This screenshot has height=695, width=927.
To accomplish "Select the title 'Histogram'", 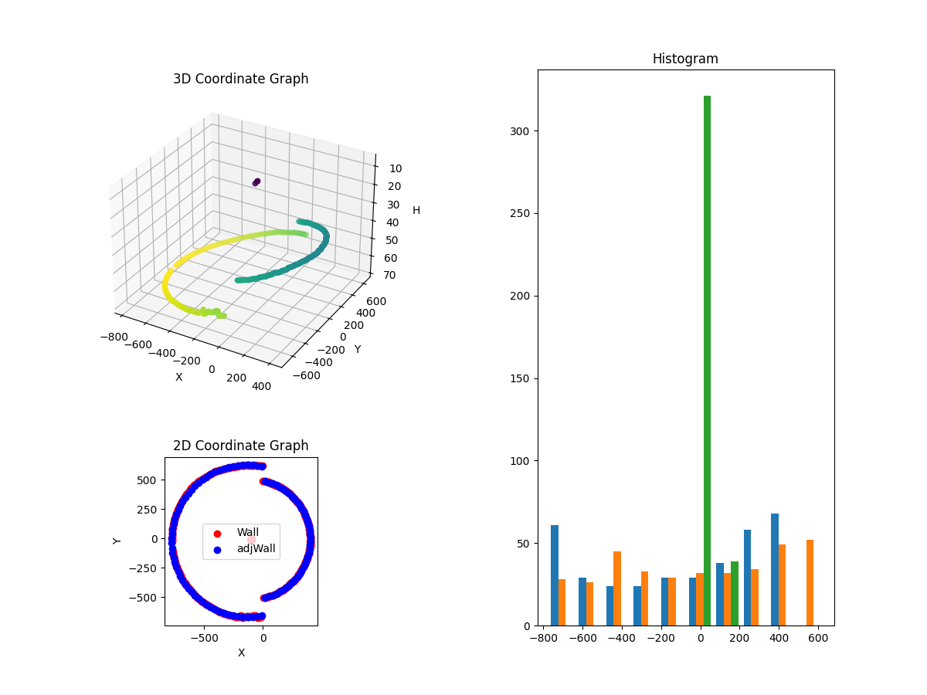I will click(x=685, y=59).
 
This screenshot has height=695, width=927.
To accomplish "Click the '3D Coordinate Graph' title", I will click(x=240, y=79).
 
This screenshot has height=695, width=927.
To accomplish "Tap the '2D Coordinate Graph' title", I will click(x=240, y=446).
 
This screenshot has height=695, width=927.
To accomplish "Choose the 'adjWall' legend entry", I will click(x=256, y=549).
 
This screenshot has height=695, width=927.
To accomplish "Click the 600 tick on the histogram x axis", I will click(x=818, y=639).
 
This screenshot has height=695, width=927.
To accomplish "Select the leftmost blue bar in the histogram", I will click(x=555, y=575).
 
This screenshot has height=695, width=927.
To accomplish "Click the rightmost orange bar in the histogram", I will click(x=810, y=582).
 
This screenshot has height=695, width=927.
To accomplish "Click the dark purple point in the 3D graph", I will click(x=256, y=182).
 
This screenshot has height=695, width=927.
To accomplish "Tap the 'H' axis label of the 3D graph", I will click(x=416, y=210).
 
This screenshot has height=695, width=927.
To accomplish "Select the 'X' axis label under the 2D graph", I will click(x=241, y=653).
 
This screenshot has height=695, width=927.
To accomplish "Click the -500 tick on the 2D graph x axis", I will click(x=205, y=639).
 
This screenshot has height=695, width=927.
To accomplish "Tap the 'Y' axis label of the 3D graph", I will click(x=358, y=349).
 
